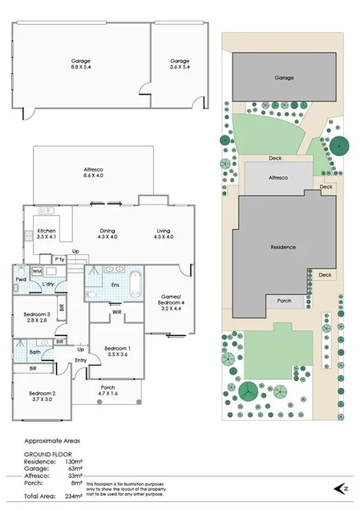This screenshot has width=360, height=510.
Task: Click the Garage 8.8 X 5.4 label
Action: click(x=81, y=64)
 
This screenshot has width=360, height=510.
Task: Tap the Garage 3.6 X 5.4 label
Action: click(x=180, y=64)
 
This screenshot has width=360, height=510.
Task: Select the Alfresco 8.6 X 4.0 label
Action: click(x=94, y=172)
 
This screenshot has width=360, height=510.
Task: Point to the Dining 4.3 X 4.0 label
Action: click(x=107, y=234)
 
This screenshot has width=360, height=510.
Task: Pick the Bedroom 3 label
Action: click(x=38, y=318)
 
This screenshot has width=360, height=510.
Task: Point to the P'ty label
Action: click(x=59, y=260)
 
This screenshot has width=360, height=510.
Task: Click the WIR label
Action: click(x=116, y=312)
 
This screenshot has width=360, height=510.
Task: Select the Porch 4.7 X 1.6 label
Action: click(x=109, y=391)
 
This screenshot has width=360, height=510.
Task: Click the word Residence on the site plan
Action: click(x=284, y=247)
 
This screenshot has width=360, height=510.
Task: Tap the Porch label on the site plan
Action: click(x=284, y=302)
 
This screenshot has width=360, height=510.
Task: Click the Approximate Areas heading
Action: click(x=52, y=440)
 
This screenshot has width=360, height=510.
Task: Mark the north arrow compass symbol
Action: click(x=342, y=488)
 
